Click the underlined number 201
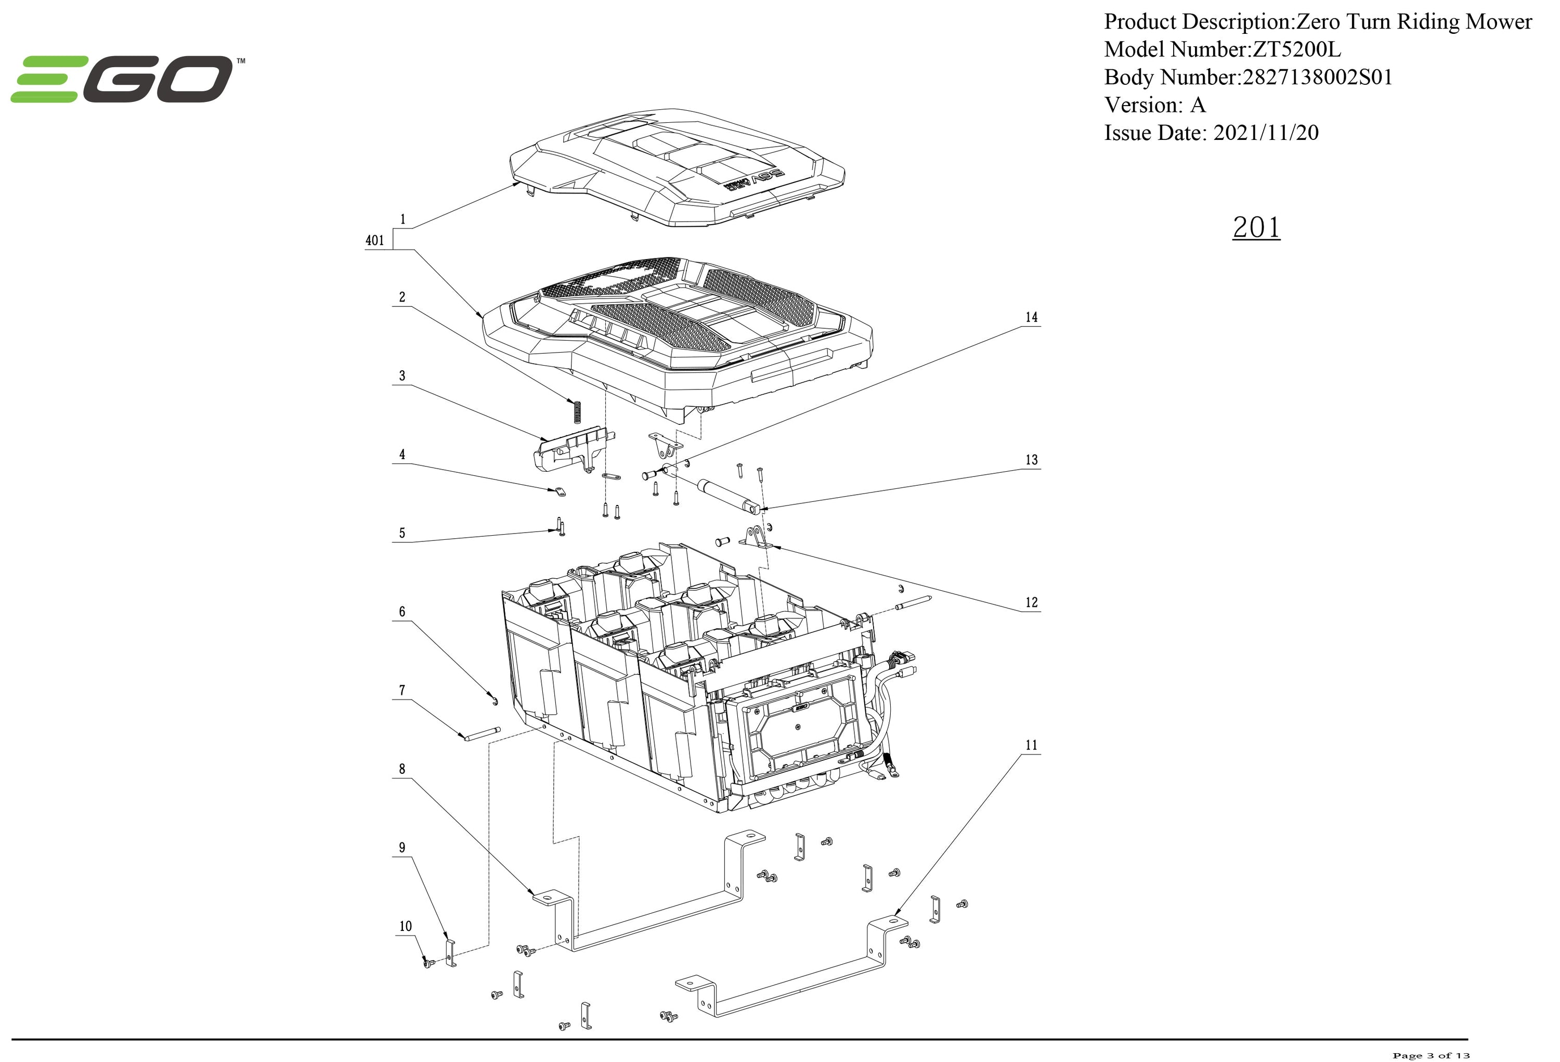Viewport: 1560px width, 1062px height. [1256, 228]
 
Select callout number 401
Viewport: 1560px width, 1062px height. [374, 240]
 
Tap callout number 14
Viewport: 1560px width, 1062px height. [1031, 317]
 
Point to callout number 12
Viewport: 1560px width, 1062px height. [1031, 602]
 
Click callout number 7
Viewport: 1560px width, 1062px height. [402, 690]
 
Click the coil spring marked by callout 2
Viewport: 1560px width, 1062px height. [575, 411]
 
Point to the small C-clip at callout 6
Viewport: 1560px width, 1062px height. [494, 702]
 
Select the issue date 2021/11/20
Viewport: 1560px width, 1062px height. [1265, 132]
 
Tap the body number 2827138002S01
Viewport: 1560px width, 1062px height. [1317, 77]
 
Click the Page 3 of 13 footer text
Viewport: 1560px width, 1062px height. [1431, 1055]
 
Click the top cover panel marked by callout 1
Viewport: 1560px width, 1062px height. [678, 168]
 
